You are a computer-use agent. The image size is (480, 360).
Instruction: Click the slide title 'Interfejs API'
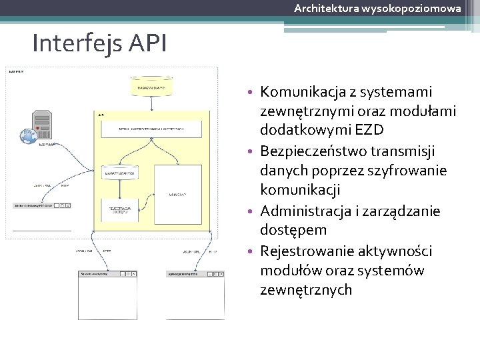click(x=100, y=44)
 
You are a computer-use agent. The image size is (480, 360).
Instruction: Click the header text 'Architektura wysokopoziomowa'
click(x=377, y=8)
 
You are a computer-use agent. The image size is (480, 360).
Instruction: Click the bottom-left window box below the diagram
click(x=108, y=294)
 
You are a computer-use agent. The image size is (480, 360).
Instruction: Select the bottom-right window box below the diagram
click(x=195, y=294)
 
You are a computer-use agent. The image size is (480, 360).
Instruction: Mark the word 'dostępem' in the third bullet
click(x=294, y=230)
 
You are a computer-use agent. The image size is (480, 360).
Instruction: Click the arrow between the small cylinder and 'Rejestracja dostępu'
click(x=118, y=189)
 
